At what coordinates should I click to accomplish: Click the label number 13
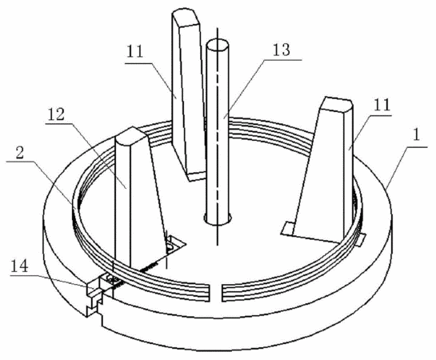(282, 50)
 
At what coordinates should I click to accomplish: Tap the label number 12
(57, 114)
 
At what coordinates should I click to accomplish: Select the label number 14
(19, 266)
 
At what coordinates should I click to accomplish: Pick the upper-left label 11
(135, 51)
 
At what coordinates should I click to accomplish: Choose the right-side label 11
(382, 105)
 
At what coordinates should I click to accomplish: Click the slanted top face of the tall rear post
(186, 18)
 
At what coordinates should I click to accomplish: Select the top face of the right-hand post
(337, 105)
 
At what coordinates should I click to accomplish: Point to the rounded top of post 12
(131, 136)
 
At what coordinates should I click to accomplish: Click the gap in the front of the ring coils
(215, 294)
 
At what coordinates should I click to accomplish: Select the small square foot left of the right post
(288, 229)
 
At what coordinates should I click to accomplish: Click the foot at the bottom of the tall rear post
(197, 176)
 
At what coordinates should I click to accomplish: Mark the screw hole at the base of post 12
(170, 246)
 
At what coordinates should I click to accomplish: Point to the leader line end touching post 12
(126, 189)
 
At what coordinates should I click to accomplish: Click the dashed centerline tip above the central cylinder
(218, 28)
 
